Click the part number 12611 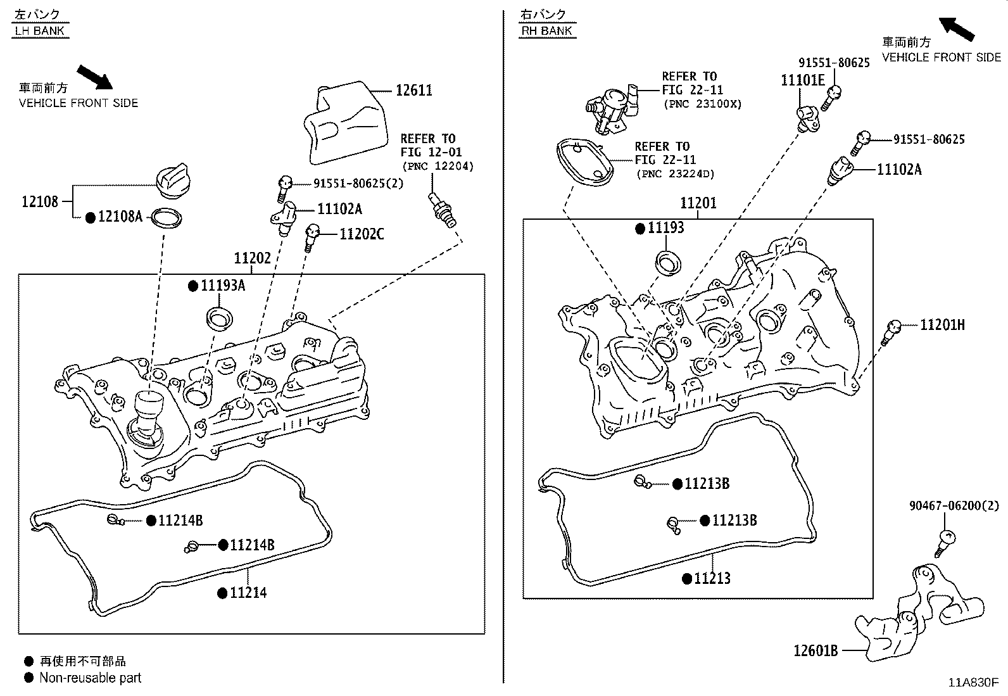coord(414,91)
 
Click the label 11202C coord(362,234)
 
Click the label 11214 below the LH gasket coord(248,593)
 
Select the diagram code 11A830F coord(973,683)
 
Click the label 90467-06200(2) coord(954,505)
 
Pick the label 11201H coord(942,325)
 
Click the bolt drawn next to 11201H coord(891,331)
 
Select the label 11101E coord(802,80)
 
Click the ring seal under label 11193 coord(667,263)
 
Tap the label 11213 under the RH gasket coord(712,578)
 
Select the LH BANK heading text coord(40,30)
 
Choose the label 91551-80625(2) coord(358,184)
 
